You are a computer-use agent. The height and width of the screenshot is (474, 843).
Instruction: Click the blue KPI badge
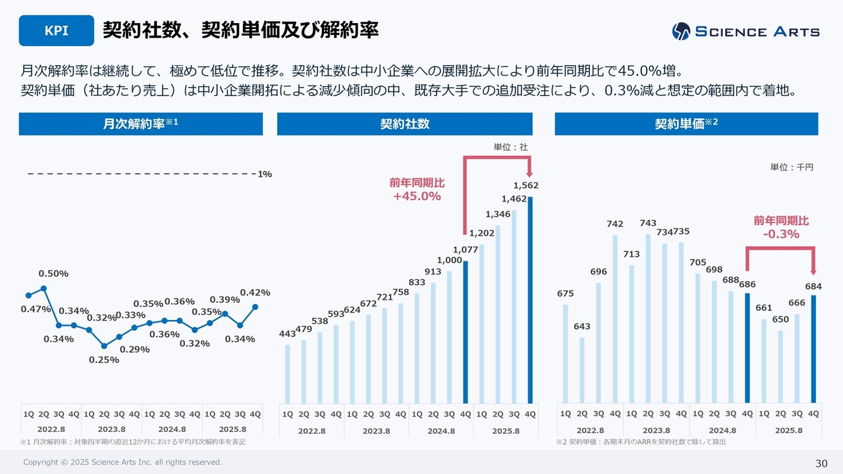pyautogui.click(x=56, y=30)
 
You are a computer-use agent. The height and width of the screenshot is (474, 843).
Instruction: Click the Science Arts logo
pyautogui.click(x=746, y=31)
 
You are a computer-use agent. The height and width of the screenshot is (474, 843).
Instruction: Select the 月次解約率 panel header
pyautogui.click(x=140, y=124)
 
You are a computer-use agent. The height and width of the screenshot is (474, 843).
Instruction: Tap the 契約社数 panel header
pyautogui.click(x=404, y=124)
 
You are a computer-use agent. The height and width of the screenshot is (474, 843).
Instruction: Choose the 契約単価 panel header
pyautogui.click(x=686, y=124)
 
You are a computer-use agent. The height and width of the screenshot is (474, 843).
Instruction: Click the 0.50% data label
pyautogui.click(x=53, y=273)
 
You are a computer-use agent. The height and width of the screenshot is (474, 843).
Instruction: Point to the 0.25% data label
pyautogui.click(x=104, y=359)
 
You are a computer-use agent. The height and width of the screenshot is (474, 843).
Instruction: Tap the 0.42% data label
pyautogui.click(x=255, y=292)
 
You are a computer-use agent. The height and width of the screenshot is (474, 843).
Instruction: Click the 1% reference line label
pyautogui.click(x=265, y=174)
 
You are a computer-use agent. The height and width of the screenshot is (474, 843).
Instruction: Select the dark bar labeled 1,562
pyautogui.click(x=530, y=300)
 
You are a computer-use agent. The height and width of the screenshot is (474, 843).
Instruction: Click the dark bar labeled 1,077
pyautogui.click(x=466, y=332)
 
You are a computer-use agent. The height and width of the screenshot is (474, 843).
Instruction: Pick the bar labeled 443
pyautogui.click(x=288, y=373)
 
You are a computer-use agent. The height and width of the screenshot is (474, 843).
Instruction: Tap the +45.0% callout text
pyautogui.click(x=417, y=196)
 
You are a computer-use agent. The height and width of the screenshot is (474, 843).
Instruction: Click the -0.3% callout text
pyautogui.click(x=781, y=234)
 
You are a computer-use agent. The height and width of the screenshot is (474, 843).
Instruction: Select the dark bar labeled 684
pyautogui.click(x=813, y=348)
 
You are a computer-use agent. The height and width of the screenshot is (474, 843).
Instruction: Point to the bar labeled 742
pyautogui.click(x=614, y=319)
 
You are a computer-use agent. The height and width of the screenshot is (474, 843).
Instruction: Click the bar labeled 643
pyautogui.click(x=582, y=370)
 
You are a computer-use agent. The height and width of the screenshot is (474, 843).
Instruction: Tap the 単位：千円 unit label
pyautogui.click(x=792, y=167)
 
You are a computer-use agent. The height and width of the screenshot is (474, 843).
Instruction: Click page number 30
pyautogui.click(x=821, y=463)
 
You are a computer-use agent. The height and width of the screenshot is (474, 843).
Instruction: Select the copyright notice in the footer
pyautogui.click(x=122, y=462)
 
